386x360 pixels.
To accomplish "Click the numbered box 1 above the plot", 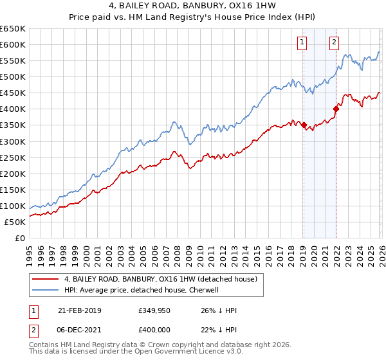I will pyautogui.click(x=302, y=43).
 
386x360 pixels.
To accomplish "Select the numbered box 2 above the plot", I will pyautogui.click(x=335, y=43).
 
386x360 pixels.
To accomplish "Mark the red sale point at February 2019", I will pyautogui.click(x=304, y=125).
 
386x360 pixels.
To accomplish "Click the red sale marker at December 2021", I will pyautogui.click(x=336, y=109).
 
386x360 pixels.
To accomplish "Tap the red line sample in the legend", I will pyautogui.click(x=45, y=279).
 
